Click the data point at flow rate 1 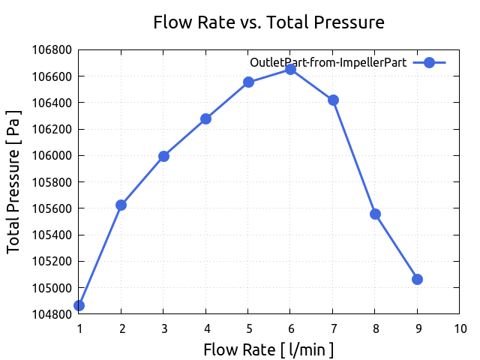pos(79,305)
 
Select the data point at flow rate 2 pos(121,205)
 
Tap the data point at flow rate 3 pos(163,156)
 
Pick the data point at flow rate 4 pos(205,118)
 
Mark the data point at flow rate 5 pos(248,82)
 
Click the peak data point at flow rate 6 pos(290,69)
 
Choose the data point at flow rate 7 pos(333,100)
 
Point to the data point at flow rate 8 pos(375,214)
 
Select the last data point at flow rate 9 pos(417,279)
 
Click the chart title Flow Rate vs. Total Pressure pos(268,22)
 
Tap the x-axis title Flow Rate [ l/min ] pos(268,349)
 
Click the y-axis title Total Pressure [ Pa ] pos(13,181)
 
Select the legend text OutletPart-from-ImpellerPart pos(328,62)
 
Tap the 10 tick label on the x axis pos(460,328)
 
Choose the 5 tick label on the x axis pos(248,328)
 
